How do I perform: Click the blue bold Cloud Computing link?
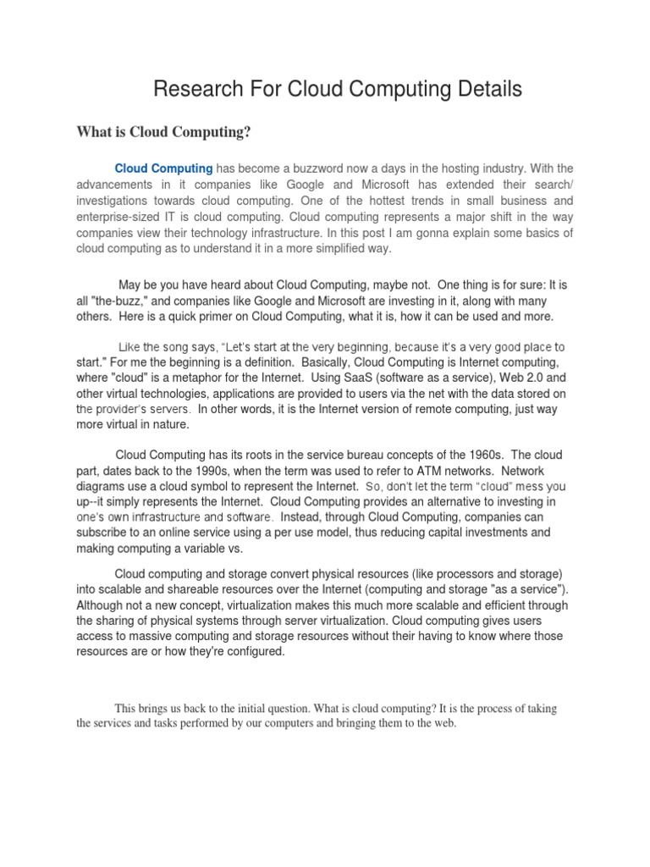click(x=163, y=168)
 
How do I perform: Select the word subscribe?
click(x=102, y=533)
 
